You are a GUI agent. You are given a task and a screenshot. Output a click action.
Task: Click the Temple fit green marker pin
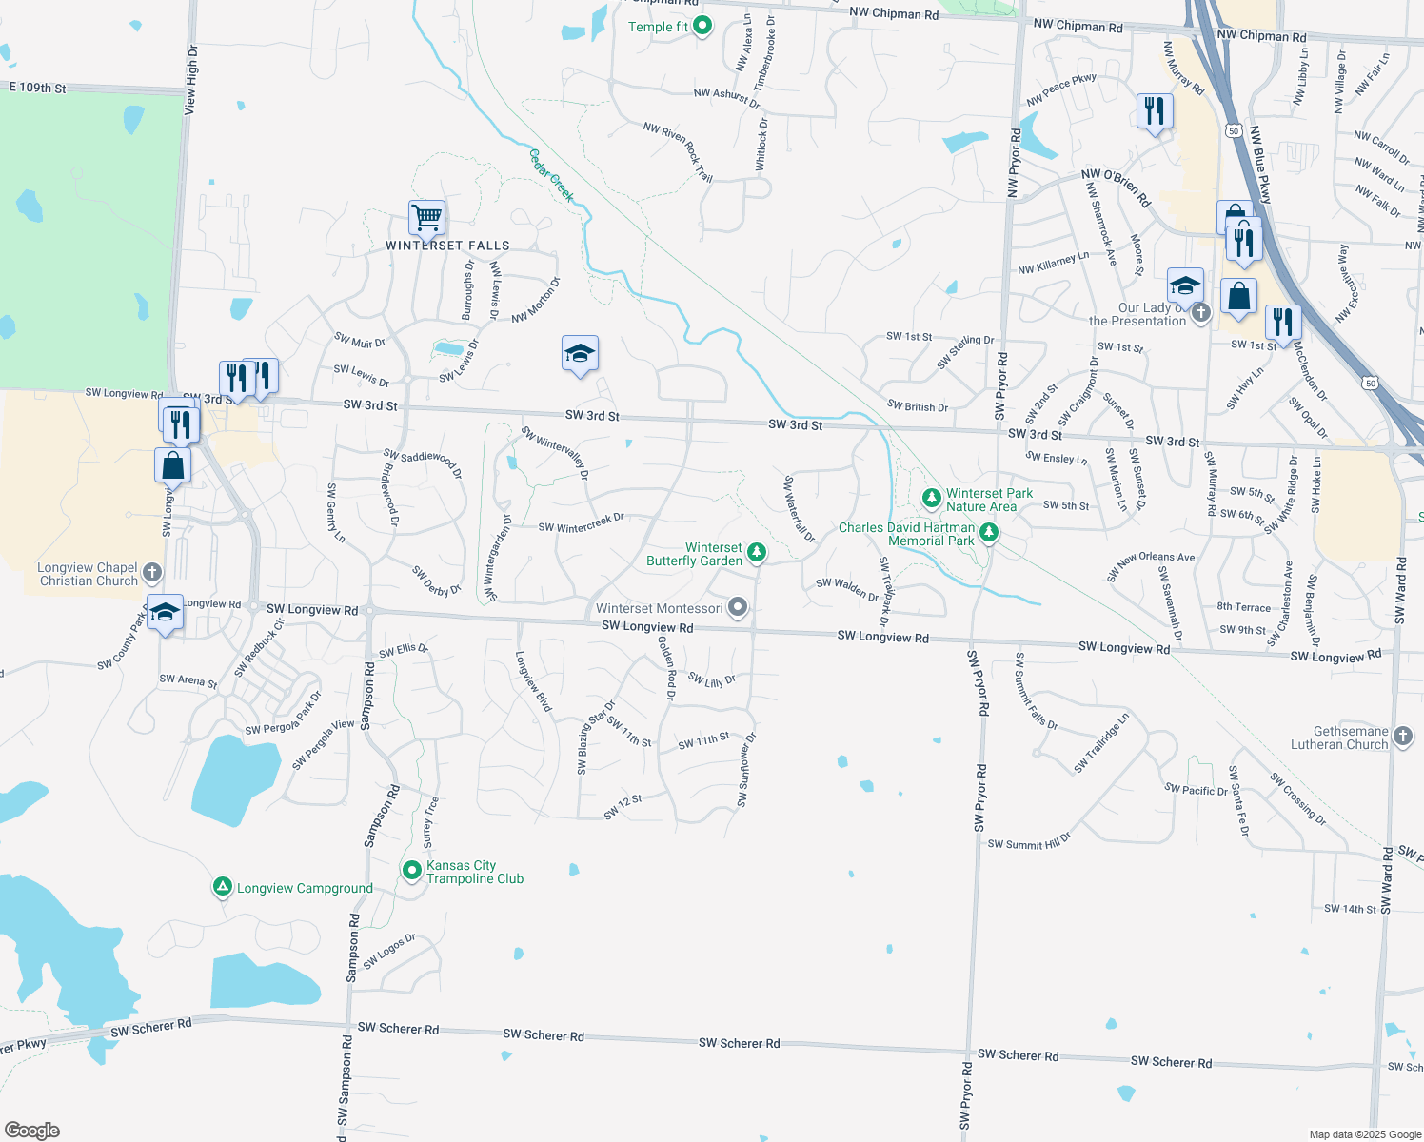pos(702,26)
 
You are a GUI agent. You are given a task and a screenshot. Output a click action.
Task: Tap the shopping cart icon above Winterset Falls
pos(427,218)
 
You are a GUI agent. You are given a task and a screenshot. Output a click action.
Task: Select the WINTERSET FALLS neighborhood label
pos(447,246)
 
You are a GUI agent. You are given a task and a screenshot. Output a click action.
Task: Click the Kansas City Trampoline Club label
pos(474,872)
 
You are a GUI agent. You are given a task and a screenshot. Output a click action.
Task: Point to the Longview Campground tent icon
pos(222,887)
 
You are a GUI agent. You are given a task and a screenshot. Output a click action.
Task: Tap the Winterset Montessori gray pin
pos(738,607)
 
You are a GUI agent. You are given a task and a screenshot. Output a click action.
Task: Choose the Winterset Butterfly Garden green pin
pos(757,552)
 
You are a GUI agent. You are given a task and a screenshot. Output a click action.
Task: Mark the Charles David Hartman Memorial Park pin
pos(989,533)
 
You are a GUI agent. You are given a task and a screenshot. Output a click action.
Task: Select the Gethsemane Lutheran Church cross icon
pos(1404,736)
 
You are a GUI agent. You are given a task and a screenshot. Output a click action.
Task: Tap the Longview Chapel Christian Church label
pos(89,574)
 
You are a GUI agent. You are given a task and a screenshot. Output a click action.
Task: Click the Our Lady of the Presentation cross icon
pos(1201,312)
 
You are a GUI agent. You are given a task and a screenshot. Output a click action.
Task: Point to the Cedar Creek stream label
pos(552,175)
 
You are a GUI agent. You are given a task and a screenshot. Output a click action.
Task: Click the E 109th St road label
pos(38,88)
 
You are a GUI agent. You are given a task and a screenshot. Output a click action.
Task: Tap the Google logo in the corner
pos(32,1131)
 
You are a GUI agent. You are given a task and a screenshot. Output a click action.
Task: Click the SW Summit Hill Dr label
pos(1029,842)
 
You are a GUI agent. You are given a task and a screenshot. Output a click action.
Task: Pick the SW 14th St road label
pos(1350,909)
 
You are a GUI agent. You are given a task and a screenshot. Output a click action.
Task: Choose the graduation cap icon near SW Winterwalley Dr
pos(580,355)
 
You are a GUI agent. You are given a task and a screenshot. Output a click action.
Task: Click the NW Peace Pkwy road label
pos(1061,89)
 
